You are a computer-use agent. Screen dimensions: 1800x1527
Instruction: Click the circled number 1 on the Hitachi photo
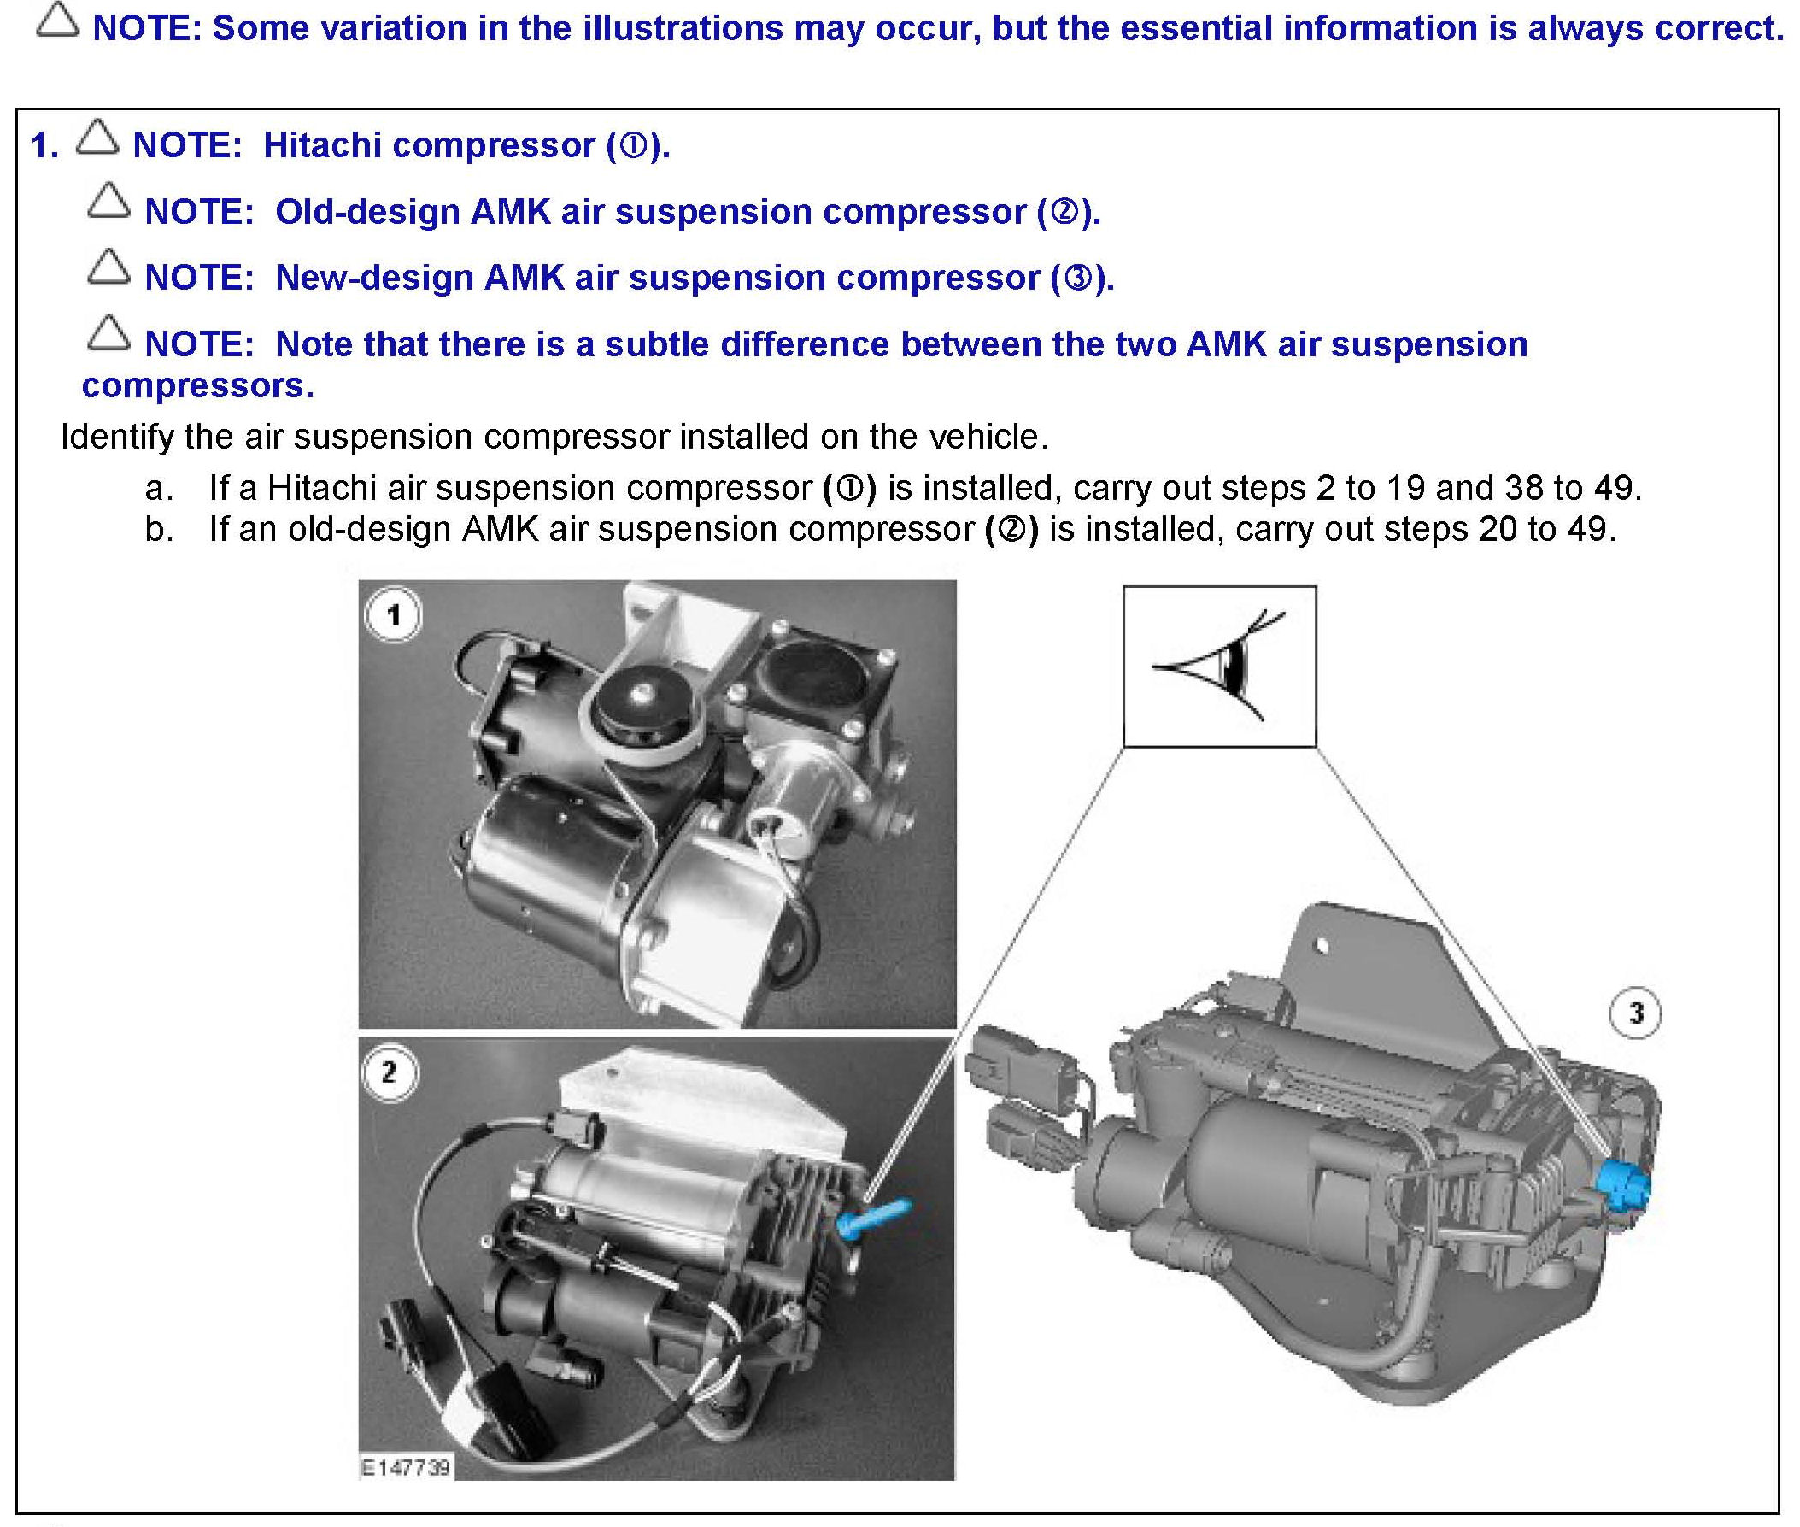pyautogui.click(x=394, y=615)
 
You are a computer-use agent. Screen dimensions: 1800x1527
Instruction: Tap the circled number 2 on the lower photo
pyautogui.click(x=390, y=1072)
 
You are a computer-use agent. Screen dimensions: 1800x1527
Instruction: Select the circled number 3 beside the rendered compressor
pyautogui.click(x=1635, y=1013)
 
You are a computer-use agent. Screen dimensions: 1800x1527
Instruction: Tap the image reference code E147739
pyautogui.click(x=404, y=1467)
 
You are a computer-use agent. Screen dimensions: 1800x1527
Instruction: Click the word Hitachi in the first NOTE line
pyautogui.click(x=323, y=144)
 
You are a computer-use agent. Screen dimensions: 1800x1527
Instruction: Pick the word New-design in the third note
pyautogui.click(x=374, y=278)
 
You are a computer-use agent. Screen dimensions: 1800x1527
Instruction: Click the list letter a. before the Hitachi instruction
pyautogui.click(x=159, y=489)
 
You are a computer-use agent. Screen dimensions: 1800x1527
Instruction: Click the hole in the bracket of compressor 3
pyautogui.click(x=1321, y=945)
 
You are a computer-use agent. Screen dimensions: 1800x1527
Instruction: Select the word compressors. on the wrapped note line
pyautogui.click(x=197, y=386)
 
